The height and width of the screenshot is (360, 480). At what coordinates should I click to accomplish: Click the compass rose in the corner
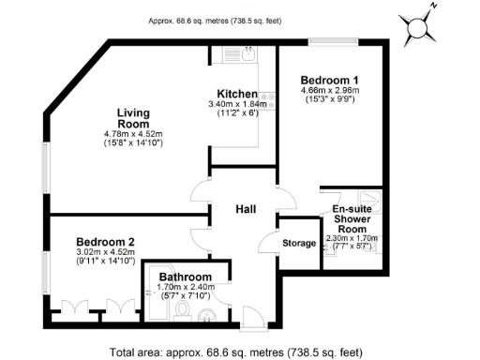pyautogui.click(x=420, y=27)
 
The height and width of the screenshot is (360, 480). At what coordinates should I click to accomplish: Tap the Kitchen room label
pyautogui.click(x=237, y=94)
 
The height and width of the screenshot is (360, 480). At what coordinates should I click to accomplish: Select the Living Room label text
pyautogui.click(x=133, y=119)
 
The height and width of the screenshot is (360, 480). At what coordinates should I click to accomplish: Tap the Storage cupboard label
pyautogui.click(x=299, y=244)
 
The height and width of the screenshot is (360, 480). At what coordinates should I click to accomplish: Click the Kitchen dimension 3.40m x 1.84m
pyautogui.click(x=238, y=104)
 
